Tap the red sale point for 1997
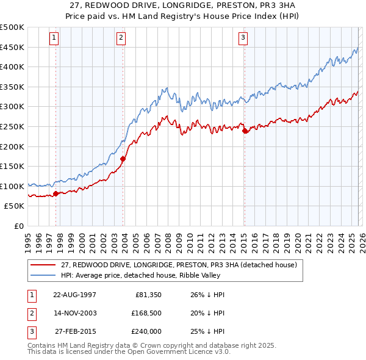[x=56, y=193]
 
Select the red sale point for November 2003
[x=123, y=159]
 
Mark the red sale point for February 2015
[x=245, y=131]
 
